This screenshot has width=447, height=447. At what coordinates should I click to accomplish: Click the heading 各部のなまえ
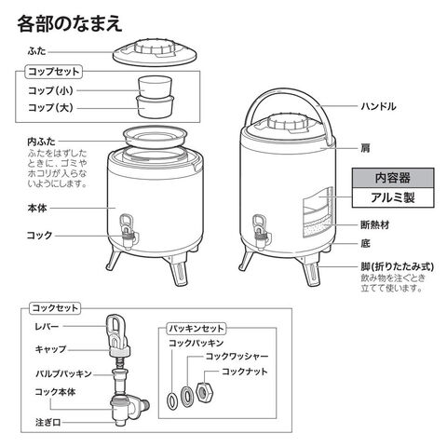coord(70,24)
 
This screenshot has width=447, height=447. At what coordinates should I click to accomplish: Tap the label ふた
coord(36,51)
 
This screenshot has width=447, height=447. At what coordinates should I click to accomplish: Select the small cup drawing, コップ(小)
coord(155,87)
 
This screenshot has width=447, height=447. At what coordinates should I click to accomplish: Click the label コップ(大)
coord(50,108)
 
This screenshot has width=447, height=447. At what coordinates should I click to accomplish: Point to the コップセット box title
coord(54,72)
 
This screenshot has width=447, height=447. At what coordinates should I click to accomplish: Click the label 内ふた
coord(41,142)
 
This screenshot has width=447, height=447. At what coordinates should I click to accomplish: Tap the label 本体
coord(37,208)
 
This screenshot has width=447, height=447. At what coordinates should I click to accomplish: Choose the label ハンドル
coord(378,106)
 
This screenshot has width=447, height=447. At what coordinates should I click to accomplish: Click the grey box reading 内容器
coord(393,178)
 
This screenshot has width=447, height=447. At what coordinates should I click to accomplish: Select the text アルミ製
coord(393,197)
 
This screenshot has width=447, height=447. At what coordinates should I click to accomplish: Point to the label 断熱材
coord(374,224)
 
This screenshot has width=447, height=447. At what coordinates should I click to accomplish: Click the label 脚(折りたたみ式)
coord(397,266)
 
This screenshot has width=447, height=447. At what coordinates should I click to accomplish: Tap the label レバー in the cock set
coord(47,326)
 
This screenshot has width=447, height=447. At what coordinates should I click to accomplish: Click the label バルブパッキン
coord(63,373)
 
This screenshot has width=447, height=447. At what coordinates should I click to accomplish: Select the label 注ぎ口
coord(47,422)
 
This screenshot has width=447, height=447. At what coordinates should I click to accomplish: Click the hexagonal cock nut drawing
coord(206,393)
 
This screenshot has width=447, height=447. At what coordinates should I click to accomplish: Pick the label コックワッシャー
coord(237,356)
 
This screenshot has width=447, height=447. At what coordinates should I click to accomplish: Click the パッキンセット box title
coord(196,329)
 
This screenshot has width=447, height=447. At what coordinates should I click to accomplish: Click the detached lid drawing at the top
coord(155,53)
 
